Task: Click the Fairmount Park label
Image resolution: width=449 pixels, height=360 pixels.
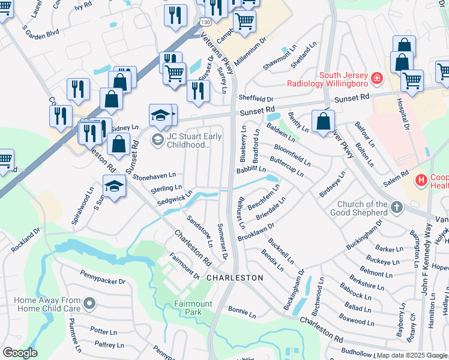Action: pyautogui.click(x=193, y=308)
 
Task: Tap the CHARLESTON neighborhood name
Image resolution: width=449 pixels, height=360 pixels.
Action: pyautogui.click(x=235, y=278)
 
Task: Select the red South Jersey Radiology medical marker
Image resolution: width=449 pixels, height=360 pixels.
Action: pyautogui.click(x=376, y=77)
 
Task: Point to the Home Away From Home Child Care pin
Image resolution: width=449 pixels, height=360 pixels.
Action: pyautogui.click(x=89, y=304)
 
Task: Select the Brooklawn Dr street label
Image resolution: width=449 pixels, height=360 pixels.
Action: pyautogui.click(x=255, y=229)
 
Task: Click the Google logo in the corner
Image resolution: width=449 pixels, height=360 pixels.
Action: pyautogui.click(x=20, y=352)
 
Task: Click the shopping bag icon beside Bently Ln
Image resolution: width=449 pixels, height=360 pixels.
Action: pyautogui.click(x=323, y=121)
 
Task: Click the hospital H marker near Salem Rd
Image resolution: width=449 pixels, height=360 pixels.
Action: pyautogui.click(x=421, y=179)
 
